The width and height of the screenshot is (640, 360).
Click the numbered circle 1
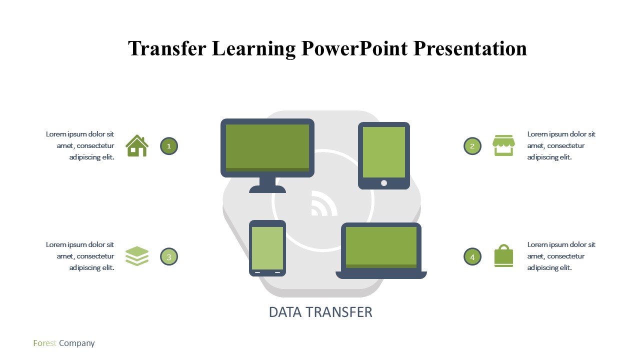(x=169, y=146)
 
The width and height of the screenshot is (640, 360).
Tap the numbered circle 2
(x=472, y=146)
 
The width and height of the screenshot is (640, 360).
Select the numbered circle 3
(x=169, y=256)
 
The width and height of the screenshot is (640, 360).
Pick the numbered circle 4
(x=472, y=256)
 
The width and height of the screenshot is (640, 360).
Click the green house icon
(x=137, y=145)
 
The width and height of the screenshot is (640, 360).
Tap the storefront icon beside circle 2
(x=503, y=145)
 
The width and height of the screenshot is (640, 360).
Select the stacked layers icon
(x=137, y=256)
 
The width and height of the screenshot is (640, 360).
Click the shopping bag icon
(x=503, y=255)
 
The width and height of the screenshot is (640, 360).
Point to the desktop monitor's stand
(x=267, y=185)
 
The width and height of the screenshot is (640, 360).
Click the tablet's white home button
(x=384, y=183)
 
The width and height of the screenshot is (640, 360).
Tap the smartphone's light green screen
(x=267, y=248)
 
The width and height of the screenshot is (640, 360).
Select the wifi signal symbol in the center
(x=323, y=203)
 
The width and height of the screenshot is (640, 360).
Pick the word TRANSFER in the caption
(x=339, y=312)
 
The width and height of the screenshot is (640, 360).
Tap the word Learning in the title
(x=253, y=49)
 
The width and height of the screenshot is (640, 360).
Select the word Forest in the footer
(x=44, y=343)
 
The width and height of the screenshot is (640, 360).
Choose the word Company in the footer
(x=77, y=343)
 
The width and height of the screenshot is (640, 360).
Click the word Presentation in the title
(x=470, y=48)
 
